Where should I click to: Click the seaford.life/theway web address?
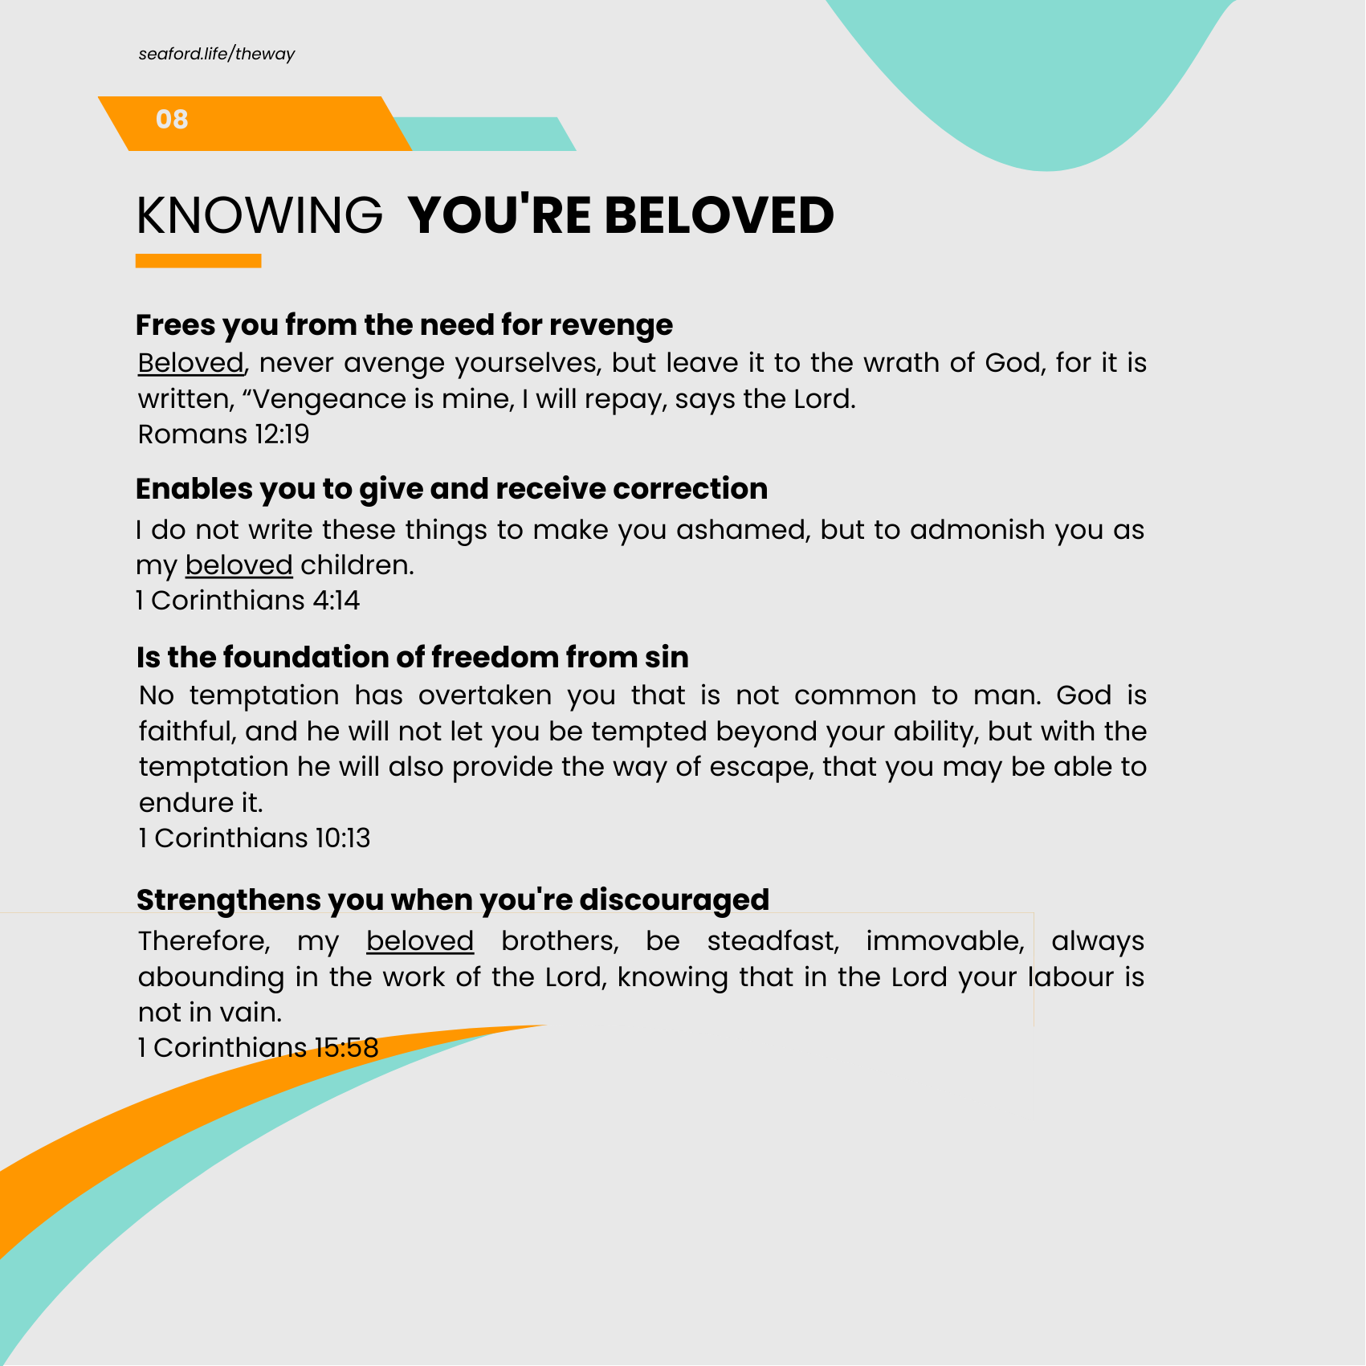click(216, 54)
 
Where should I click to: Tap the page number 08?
click(172, 120)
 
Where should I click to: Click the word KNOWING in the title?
click(259, 215)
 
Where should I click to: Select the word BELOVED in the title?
click(719, 215)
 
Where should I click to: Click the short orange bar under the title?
click(198, 261)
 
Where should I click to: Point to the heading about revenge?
click(404, 325)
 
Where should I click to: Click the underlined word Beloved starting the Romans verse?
click(190, 363)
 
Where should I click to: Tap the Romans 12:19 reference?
click(223, 434)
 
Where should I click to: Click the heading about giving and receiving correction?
click(451, 489)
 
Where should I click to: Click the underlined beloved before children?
click(239, 565)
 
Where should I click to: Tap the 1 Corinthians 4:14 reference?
click(247, 601)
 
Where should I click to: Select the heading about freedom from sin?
click(412, 658)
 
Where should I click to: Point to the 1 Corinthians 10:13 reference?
click(254, 838)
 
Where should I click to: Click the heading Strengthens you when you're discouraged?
click(452, 900)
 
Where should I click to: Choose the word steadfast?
click(773, 941)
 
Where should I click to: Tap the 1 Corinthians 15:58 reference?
click(258, 1048)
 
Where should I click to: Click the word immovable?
click(944, 941)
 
